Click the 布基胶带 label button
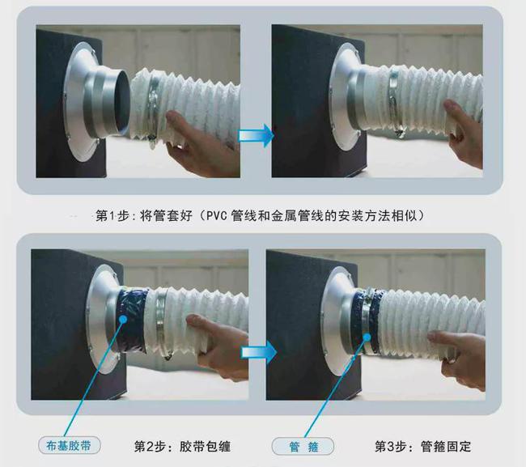[x=70, y=446]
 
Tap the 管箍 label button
[x=303, y=447]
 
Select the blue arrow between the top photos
[x=256, y=135]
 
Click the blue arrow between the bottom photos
[x=259, y=352]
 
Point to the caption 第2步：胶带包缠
[x=183, y=447]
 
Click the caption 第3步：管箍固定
[x=423, y=447]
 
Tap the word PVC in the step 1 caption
[x=217, y=215]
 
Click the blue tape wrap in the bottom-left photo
[x=131, y=321]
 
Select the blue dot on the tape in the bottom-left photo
[x=123, y=319]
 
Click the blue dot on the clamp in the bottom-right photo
[x=367, y=337]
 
